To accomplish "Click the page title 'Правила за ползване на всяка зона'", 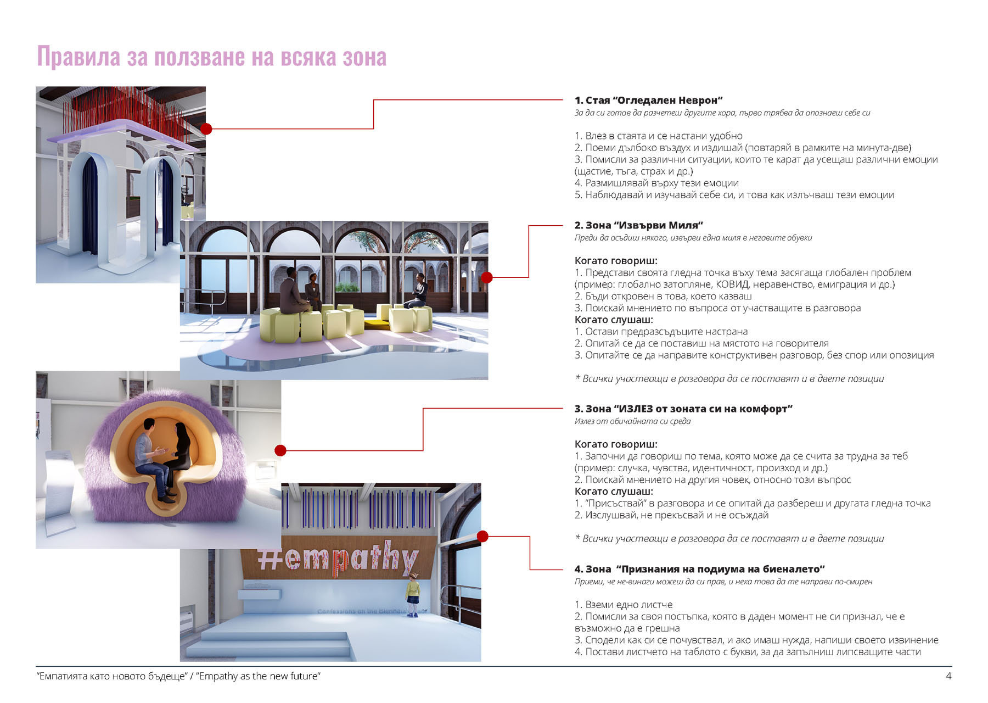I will tap(211, 57).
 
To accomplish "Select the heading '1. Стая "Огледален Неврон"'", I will tap(648, 101).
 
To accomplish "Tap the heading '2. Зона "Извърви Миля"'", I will tap(638, 225).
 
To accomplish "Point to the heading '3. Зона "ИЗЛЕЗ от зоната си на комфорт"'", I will tap(683, 409).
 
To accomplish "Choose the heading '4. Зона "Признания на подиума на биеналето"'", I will tap(699, 569).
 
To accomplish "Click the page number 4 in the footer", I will tap(948, 676).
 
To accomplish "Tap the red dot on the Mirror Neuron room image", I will tap(206, 129).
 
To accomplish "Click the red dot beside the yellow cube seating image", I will tap(487, 277).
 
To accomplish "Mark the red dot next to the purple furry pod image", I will tap(280, 450).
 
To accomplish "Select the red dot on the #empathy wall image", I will tap(482, 537).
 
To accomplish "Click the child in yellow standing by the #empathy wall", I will tap(412, 594).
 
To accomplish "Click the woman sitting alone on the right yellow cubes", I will tap(418, 292).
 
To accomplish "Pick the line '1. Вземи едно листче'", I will tap(623, 605).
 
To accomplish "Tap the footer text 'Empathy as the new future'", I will tap(260, 676).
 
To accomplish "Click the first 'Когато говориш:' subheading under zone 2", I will tap(616, 261).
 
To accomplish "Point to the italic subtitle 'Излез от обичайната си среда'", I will tap(632, 421).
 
